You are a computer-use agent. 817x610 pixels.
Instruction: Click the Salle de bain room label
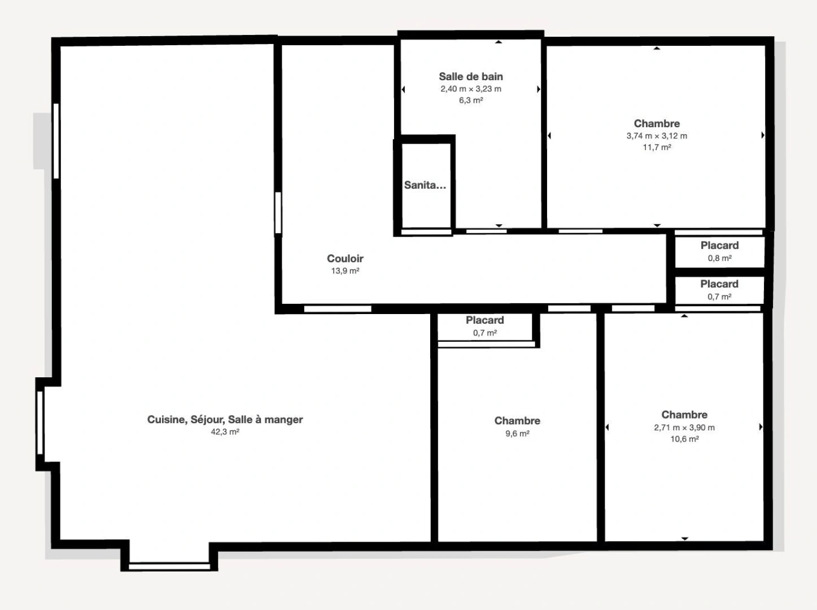coord(470,77)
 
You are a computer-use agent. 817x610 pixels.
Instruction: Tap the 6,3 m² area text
coord(470,101)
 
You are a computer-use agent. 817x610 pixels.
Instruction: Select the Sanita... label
coord(425,185)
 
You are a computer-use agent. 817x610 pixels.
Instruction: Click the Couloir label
coord(345,259)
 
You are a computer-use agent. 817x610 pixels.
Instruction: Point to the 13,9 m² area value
coord(345,271)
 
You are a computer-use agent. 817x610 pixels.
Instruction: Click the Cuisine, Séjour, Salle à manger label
coord(225,420)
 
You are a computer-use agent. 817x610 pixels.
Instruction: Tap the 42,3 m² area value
coord(225,432)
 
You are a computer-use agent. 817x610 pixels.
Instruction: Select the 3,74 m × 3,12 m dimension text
coord(657,136)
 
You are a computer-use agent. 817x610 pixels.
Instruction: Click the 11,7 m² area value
coord(657,147)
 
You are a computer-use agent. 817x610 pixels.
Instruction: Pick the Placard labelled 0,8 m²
coord(719,246)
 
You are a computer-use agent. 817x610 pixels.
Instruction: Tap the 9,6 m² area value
coord(517,434)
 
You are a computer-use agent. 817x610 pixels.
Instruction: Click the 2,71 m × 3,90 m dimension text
coord(684,428)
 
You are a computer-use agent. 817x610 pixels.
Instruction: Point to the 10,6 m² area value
coord(684,439)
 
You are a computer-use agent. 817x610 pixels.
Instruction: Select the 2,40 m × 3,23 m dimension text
coord(470,89)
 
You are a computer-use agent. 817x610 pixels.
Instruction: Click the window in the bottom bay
coord(169,565)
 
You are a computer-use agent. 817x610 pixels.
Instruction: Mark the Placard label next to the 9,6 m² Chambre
coord(484,320)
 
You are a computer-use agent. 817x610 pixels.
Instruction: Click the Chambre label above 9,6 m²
coord(517,421)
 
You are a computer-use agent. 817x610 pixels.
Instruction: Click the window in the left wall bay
coord(40,422)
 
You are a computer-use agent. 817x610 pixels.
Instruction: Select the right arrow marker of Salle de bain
coord(538,89)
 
